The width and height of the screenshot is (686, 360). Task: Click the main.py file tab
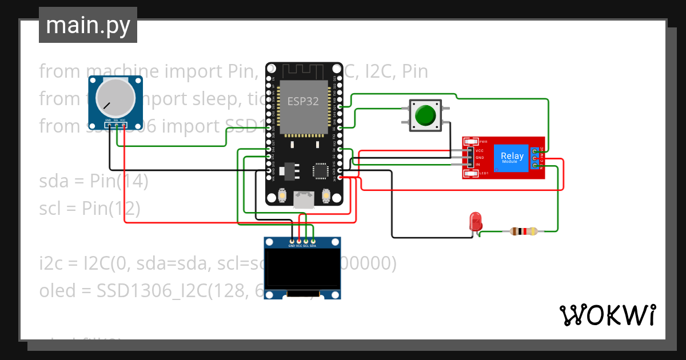tap(87, 25)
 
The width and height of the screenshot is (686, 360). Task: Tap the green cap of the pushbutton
tap(425, 115)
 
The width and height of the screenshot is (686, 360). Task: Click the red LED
tap(474, 222)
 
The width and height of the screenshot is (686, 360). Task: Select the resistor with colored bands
tap(523, 231)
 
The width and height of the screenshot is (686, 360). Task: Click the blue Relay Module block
tap(512, 158)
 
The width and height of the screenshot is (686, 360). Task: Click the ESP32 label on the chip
tap(303, 102)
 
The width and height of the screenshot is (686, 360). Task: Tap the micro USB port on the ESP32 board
tap(303, 199)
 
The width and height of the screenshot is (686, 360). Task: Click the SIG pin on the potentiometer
tap(116, 125)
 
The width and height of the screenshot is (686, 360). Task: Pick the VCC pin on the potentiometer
tap(123, 125)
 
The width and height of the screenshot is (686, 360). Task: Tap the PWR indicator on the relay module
tap(470, 142)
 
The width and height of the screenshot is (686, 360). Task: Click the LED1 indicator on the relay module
tap(470, 173)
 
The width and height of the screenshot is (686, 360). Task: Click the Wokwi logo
tap(607, 315)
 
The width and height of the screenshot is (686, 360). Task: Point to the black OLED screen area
tap(302, 269)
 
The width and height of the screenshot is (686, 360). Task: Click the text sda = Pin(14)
tap(94, 182)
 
